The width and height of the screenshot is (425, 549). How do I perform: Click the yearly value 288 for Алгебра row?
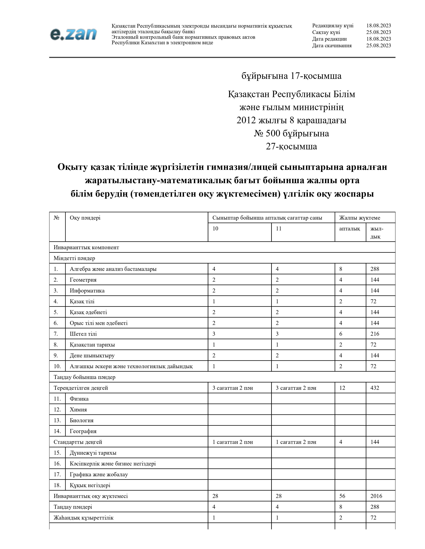pyautogui.click(x=375, y=269)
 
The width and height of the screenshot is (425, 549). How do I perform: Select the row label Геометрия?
pyautogui.click(x=83, y=280)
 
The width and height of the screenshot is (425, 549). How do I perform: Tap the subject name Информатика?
pyautogui.click(x=87, y=291)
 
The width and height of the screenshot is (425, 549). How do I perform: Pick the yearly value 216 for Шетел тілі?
pyautogui.click(x=375, y=334)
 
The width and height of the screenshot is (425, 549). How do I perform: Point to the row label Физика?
pyautogui.click(x=79, y=399)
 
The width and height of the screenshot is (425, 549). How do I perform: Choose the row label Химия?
pyautogui.click(x=78, y=409)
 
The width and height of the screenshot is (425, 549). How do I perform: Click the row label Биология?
pyautogui.click(x=81, y=420)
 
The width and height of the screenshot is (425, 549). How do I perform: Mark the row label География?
pyautogui.click(x=83, y=431)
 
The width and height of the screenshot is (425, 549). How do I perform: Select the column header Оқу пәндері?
pyautogui.click(x=85, y=218)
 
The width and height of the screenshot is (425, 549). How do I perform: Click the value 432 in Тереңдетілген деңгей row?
pyautogui.click(x=375, y=388)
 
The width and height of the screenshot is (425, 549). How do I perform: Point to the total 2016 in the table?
pyautogui.click(x=376, y=496)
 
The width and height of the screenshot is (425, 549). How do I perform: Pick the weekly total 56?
pyautogui.click(x=342, y=496)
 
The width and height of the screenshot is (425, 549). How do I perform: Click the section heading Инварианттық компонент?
pyautogui.click(x=86, y=247)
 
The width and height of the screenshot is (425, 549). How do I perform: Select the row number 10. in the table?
pyautogui.click(x=57, y=366)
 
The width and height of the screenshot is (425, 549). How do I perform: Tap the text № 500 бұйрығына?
pyautogui.click(x=291, y=133)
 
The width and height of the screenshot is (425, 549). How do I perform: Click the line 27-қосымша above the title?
pyautogui.click(x=291, y=146)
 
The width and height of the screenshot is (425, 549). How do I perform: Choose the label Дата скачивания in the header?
pyautogui.click(x=332, y=45)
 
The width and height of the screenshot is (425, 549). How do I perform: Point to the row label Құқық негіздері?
pyautogui.click(x=90, y=485)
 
